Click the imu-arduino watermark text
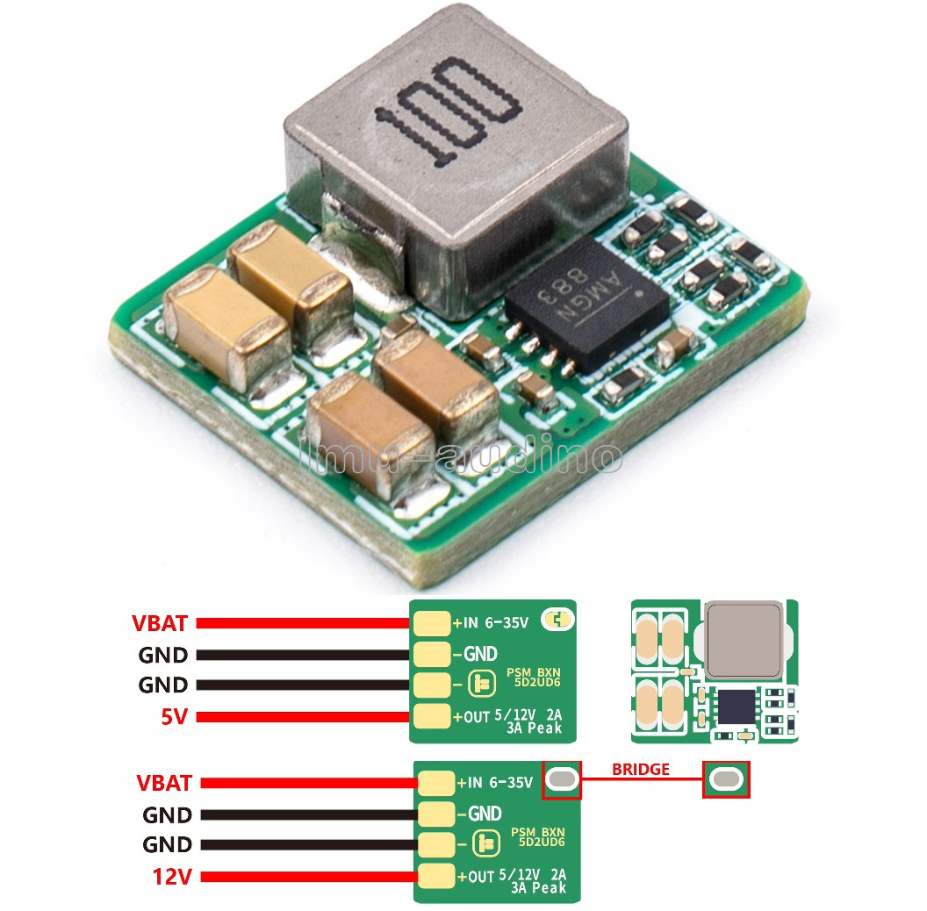461,455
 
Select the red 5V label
175,716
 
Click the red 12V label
172,876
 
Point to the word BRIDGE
641,769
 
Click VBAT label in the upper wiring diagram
160,623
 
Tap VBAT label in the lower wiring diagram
164,783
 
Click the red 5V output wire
303,717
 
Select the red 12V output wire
309,877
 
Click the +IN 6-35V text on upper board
491,622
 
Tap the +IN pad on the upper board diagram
432,623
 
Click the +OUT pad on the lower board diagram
436,876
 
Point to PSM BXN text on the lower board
538,832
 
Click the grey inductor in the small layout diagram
744,639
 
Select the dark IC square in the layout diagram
737,707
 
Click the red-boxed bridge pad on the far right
727,779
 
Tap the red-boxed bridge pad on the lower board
562,779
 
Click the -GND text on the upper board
475,654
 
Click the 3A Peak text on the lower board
539,887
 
